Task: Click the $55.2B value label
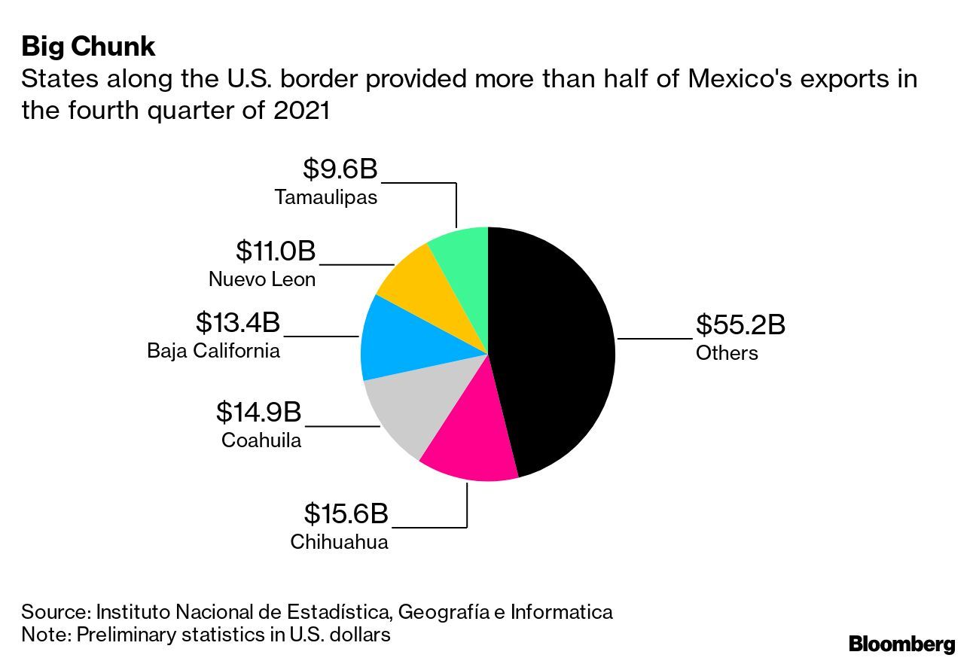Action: (740, 325)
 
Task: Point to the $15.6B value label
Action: (346, 513)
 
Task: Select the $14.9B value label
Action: (258, 412)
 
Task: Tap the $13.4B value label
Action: (238, 322)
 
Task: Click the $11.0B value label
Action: (276, 251)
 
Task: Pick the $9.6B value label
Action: (340, 169)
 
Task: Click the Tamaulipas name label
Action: (326, 197)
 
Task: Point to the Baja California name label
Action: (214, 350)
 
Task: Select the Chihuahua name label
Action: (340, 542)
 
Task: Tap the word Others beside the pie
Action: (727, 353)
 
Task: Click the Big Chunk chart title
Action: (88, 47)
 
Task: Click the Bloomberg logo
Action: (901, 644)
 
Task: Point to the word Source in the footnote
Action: (55, 611)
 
